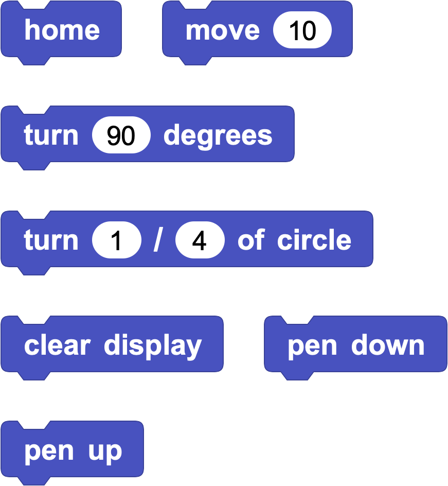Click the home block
click(x=61, y=30)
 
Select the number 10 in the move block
click(x=302, y=30)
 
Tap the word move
click(x=223, y=31)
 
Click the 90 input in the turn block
click(x=121, y=135)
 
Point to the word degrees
click(x=218, y=137)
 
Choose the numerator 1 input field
click(x=117, y=240)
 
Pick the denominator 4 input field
click(x=200, y=240)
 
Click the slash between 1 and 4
click(x=158, y=240)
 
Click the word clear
click(x=57, y=345)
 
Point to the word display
click(x=153, y=346)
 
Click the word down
click(x=388, y=345)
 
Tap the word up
click(x=105, y=453)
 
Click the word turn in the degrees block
click(x=51, y=135)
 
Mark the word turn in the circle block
click(x=51, y=240)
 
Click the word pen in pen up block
click(x=49, y=453)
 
